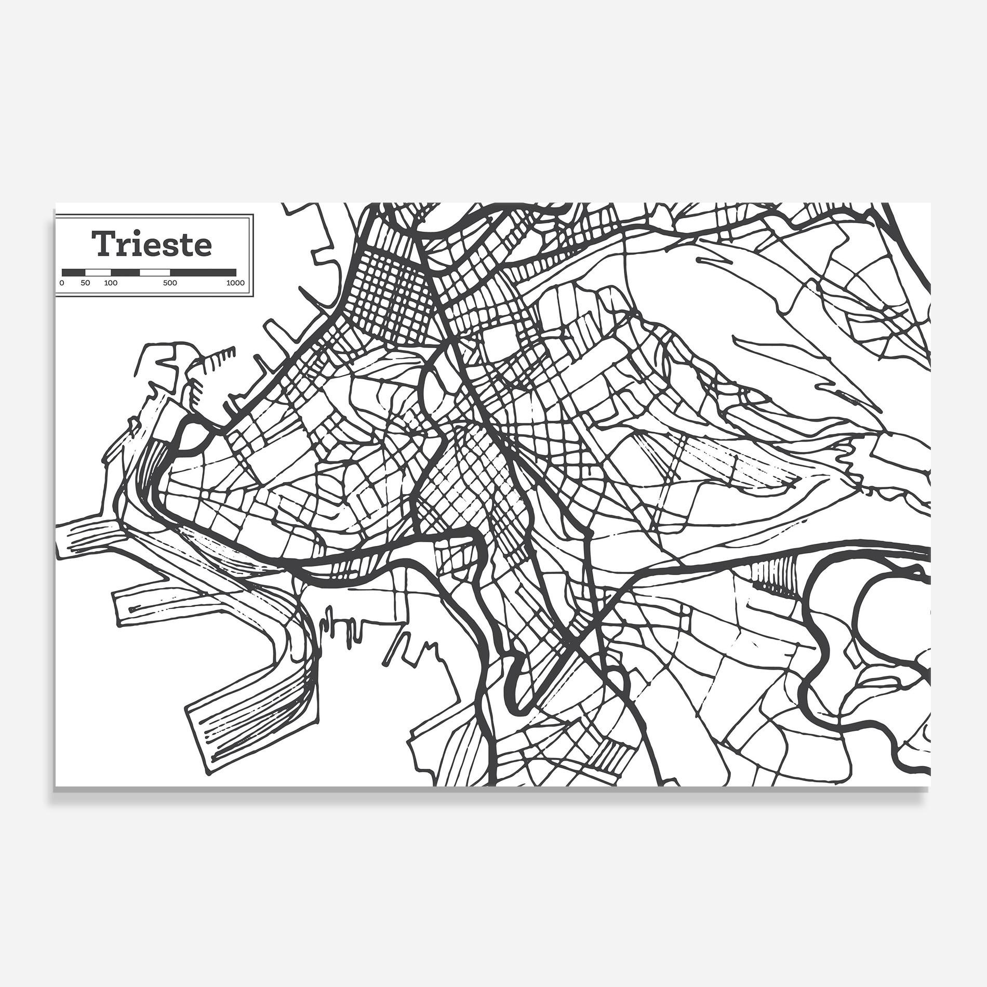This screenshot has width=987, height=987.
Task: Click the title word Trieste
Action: coord(152,244)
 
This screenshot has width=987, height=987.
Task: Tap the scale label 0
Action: coord(62,283)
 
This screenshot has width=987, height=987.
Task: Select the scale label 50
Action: coord(86,283)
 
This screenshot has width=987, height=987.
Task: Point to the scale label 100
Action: coord(111,283)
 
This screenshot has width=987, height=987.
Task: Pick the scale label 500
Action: coord(170,283)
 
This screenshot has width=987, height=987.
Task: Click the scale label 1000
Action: coord(235,283)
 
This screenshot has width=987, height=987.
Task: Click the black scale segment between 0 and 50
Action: coord(74,272)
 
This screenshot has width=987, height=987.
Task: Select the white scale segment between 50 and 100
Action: coord(98,272)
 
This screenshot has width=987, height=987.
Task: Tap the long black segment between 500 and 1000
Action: coord(203,272)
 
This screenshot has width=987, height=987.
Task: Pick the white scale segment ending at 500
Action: coord(155,272)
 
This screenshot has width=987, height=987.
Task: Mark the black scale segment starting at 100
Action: coord(125,272)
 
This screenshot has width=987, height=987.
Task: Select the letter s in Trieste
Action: coord(174,247)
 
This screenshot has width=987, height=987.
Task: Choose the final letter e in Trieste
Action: coord(203,247)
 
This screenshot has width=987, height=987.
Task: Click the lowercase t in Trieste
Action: coord(189,245)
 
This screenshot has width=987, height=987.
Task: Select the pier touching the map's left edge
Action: coord(88,538)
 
